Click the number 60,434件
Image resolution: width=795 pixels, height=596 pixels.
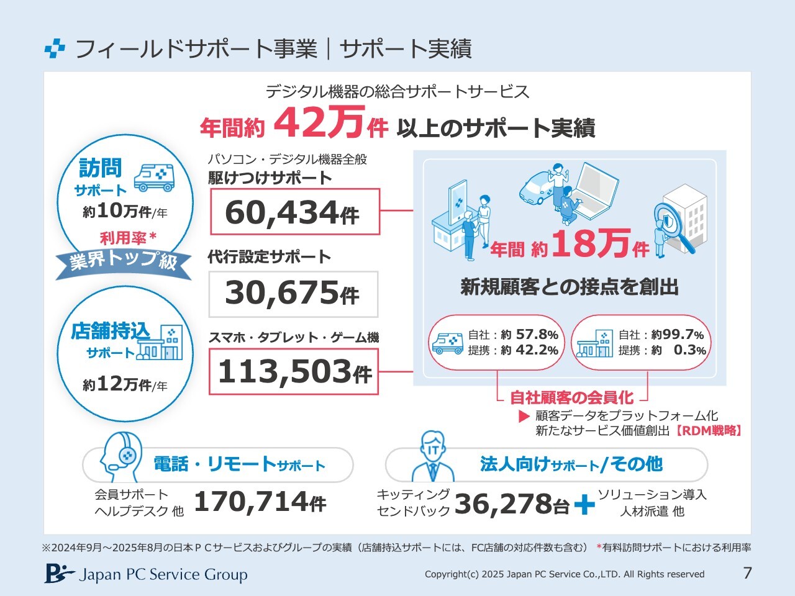coord(293,212)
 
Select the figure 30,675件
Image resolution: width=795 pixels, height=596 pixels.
coord(293,292)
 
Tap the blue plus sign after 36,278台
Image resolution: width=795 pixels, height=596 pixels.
coord(584,504)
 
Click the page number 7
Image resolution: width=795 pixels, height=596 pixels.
coord(747,572)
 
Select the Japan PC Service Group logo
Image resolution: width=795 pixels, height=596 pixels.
coord(145,574)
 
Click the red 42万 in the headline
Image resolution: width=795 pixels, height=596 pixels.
coord(317,123)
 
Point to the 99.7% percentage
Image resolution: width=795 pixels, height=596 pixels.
coord(683,335)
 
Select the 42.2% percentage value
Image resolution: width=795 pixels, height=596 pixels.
coord(537,350)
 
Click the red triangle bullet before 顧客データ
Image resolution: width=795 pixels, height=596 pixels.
coord(524,416)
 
